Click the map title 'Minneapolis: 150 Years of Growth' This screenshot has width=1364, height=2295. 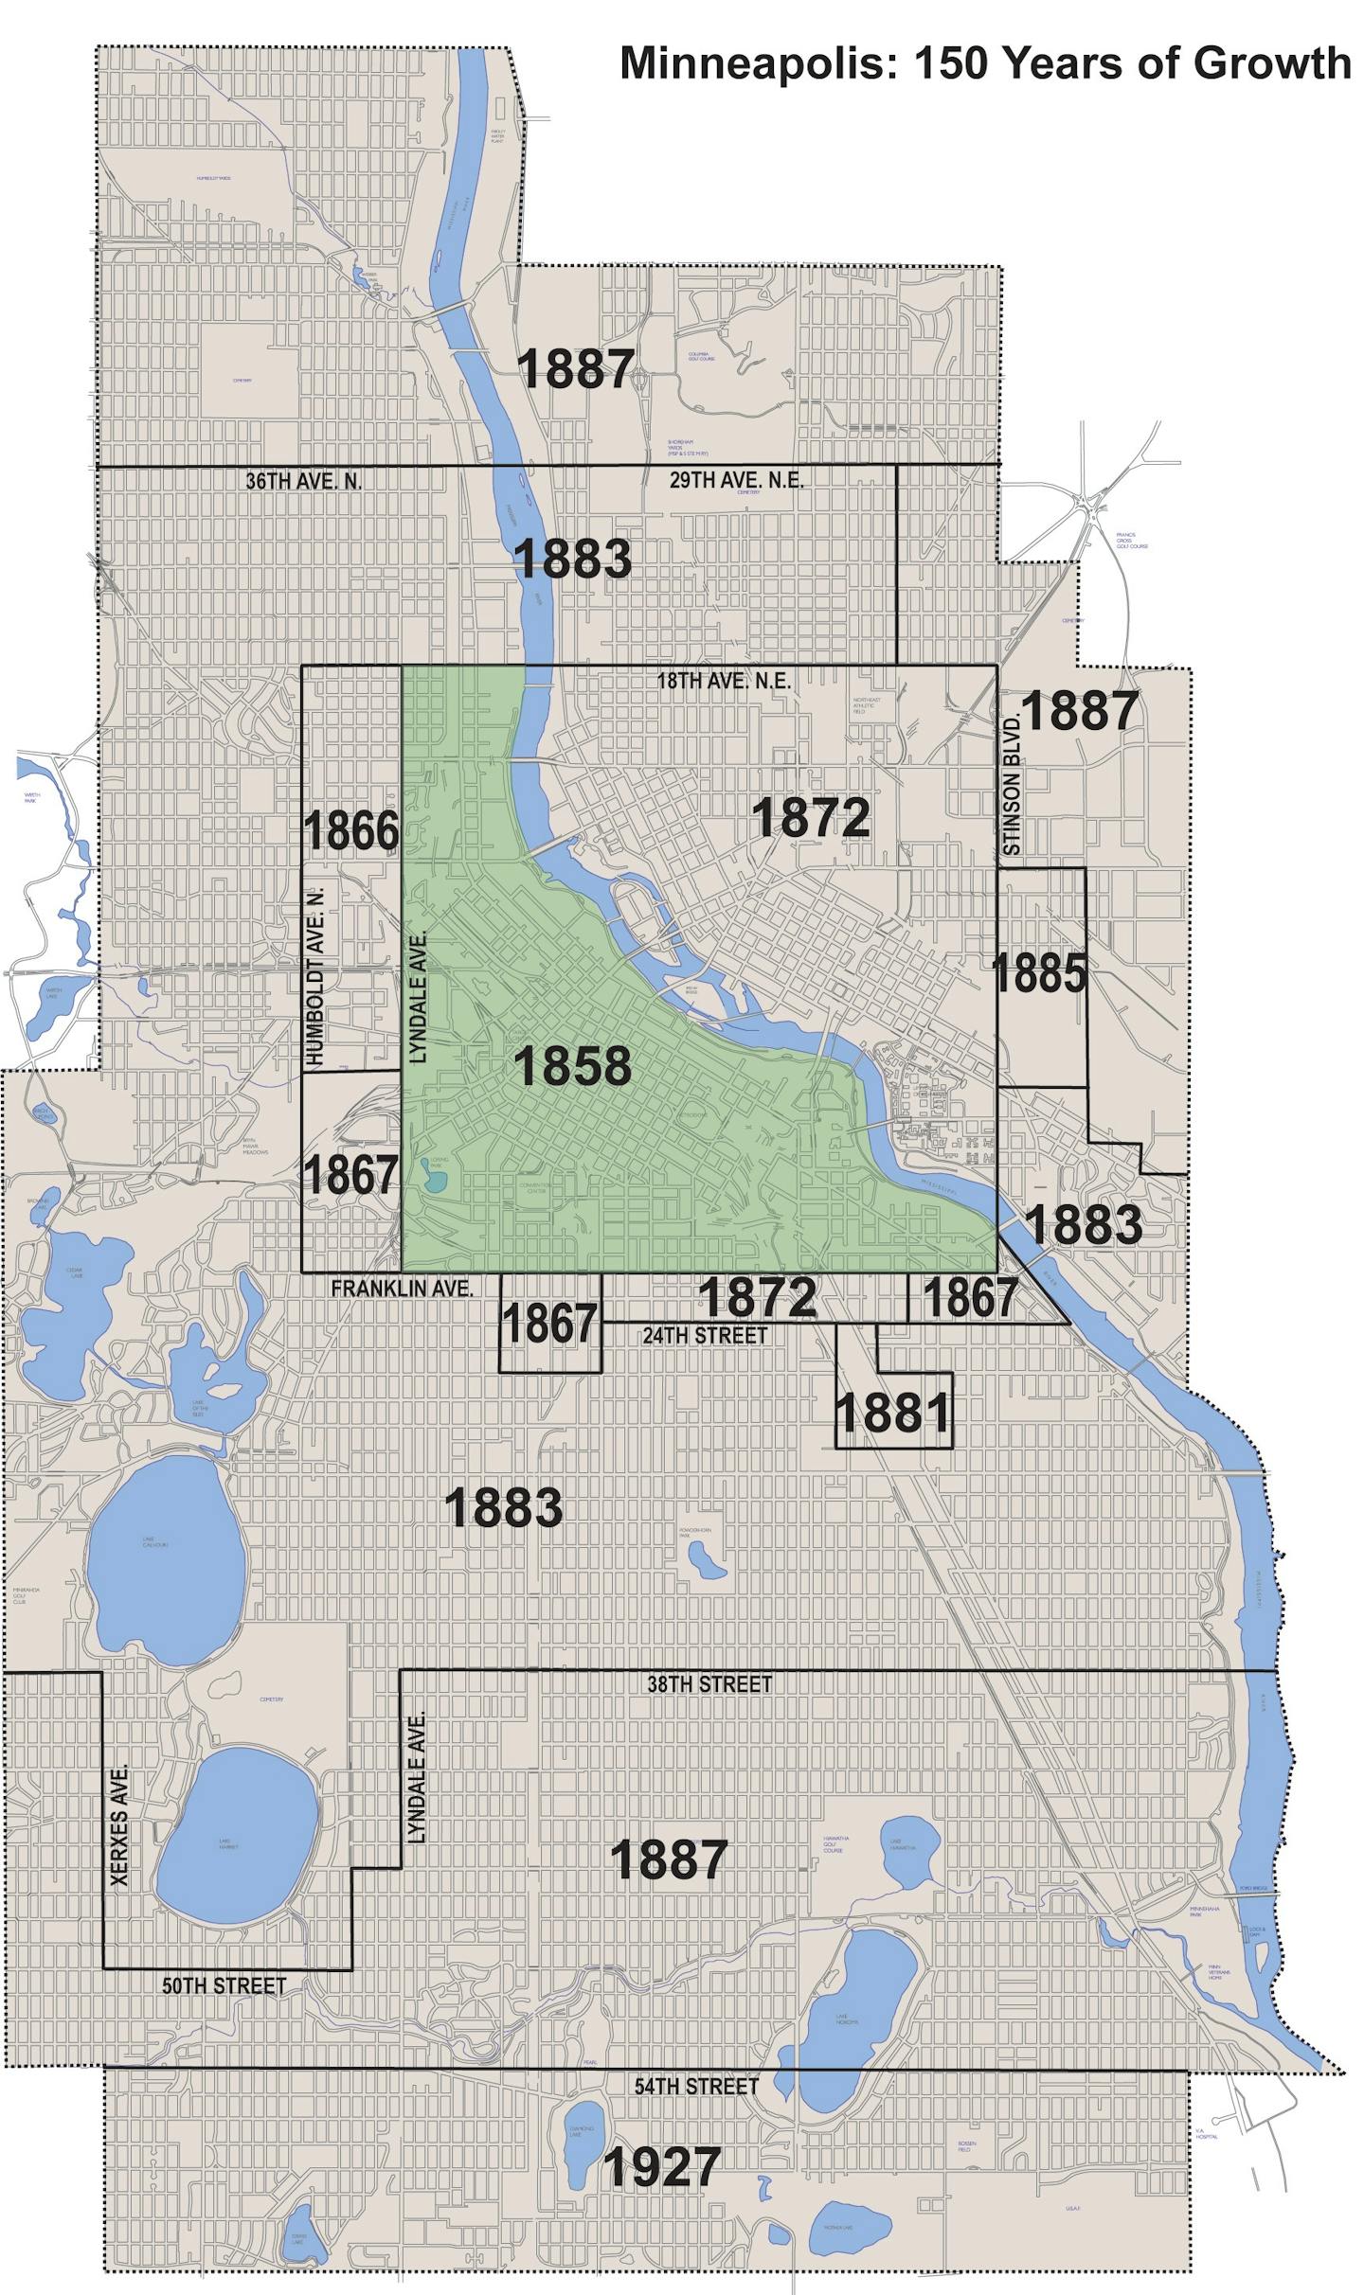(985, 63)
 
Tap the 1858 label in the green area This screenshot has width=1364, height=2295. (572, 1065)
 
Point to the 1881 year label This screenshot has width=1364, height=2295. (892, 1414)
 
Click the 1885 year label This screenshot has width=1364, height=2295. (1039, 973)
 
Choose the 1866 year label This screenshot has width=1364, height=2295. (350, 831)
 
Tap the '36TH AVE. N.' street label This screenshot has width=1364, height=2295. (304, 481)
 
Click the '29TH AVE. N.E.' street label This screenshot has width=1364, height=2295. (736, 480)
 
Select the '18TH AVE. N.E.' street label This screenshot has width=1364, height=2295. (724, 681)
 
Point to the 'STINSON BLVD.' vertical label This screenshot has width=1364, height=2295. (1012, 785)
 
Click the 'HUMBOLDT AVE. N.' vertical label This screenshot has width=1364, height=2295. (316, 976)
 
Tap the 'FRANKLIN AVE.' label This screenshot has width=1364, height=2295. (402, 1289)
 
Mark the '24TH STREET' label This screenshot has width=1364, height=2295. (705, 1335)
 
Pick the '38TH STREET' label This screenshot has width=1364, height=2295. (709, 1684)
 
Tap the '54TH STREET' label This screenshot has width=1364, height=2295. (696, 2087)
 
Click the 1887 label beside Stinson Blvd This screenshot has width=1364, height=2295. (1079, 711)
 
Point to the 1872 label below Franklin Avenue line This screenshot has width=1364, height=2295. (757, 1296)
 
